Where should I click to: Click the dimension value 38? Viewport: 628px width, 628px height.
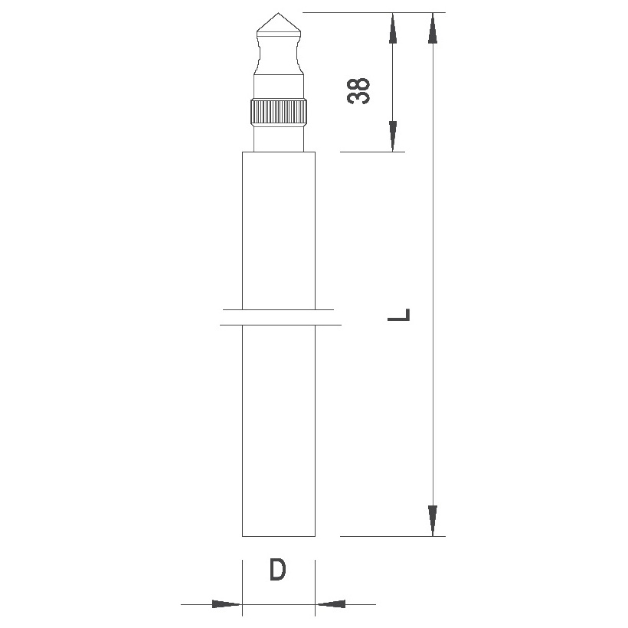pyautogui.click(x=358, y=91)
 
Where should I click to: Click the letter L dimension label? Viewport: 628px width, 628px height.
pyautogui.click(x=399, y=315)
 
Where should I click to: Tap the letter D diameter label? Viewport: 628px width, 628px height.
pyautogui.click(x=277, y=570)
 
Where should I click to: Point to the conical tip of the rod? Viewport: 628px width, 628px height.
pyautogui.click(x=279, y=22)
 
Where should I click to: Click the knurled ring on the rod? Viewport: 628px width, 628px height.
pyautogui.click(x=280, y=113)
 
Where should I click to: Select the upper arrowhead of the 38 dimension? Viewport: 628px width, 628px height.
pyautogui.click(x=393, y=28)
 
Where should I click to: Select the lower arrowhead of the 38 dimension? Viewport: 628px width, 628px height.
pyautogui.click(x=393, y=136)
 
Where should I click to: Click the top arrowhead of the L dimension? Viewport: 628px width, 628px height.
pyautogui.click(x=433, y=28)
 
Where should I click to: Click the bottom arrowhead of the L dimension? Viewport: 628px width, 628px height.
pyautogui.click(x=433, y=521)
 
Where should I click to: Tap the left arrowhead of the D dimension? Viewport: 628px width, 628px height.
pyautogui.click(x=227, y=604)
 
